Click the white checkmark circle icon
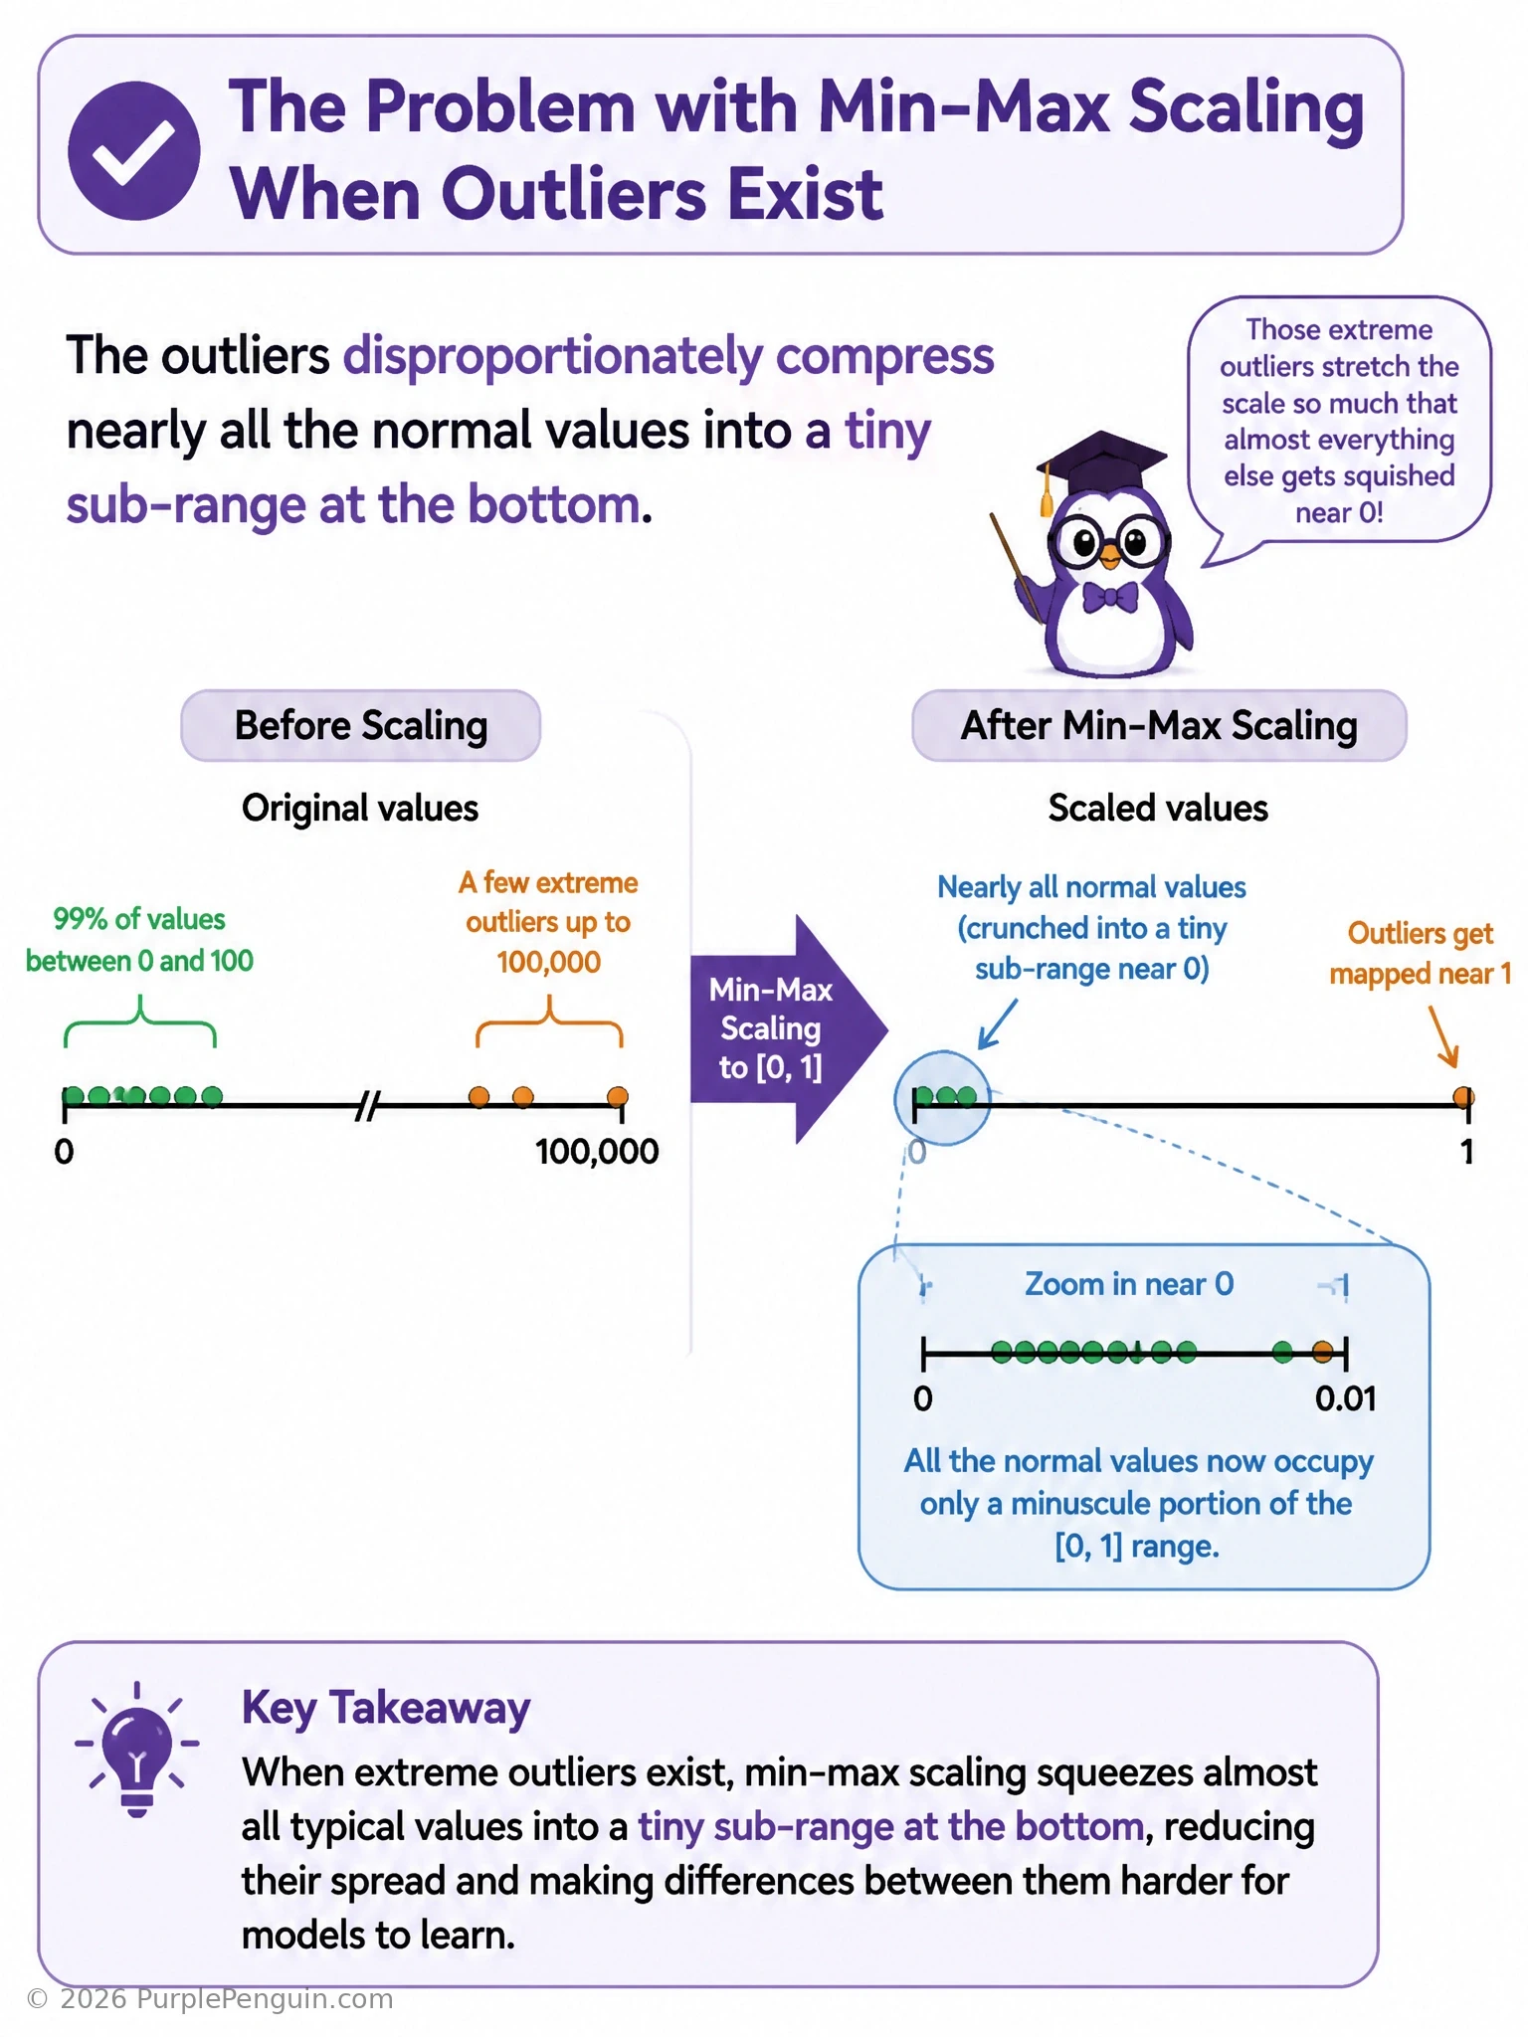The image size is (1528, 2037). [134, 150]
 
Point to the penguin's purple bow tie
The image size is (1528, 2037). [1110, 598]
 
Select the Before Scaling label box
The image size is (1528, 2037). [360, 725]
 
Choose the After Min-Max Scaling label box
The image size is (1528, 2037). [1159, 725]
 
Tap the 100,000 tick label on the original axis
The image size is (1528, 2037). [597, 1152]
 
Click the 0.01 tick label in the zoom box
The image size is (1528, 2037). [1346, 1399]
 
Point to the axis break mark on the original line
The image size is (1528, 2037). [368, 1105]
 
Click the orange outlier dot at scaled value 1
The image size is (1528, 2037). [1462, 1097]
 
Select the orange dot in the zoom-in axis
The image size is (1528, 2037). [1322, 1352]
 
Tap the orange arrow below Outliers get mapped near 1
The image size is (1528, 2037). [1444, 1036]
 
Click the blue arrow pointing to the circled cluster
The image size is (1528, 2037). [998, 1023]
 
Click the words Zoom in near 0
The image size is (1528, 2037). [1129, 1284]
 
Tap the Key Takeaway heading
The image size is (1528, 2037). [386, 1708]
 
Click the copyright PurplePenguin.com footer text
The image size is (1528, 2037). [210, 1999]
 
